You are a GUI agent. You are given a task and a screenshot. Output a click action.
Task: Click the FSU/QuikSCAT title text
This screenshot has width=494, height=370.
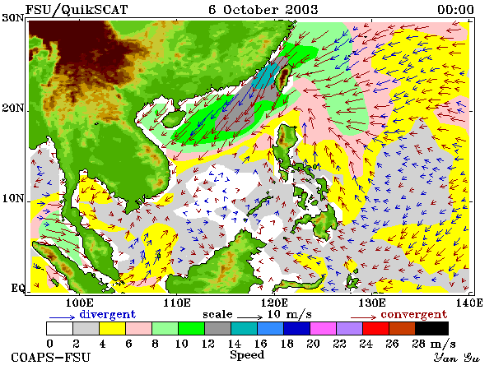coord(77,10)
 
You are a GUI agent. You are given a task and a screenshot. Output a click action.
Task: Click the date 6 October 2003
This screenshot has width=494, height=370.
coord(263,10)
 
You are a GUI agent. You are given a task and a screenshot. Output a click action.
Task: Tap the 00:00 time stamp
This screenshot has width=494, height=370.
coord(455,10)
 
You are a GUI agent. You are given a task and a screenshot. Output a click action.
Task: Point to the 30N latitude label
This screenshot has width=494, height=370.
coord(13,18)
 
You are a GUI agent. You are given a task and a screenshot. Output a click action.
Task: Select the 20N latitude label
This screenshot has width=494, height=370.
coord(13,109)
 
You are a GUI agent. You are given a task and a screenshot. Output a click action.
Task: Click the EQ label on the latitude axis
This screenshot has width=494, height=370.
coord(17,288)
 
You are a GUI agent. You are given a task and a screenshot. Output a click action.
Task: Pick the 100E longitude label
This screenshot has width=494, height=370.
coord(80,303)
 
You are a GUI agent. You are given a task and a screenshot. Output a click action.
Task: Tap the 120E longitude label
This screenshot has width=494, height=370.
coord(274,303)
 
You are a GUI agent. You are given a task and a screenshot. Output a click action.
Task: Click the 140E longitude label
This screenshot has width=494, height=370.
coord(469,303)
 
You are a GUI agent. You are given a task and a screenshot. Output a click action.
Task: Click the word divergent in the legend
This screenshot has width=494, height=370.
coord(107,314)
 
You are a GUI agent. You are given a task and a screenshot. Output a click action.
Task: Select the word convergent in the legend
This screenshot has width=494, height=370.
coord(414,314)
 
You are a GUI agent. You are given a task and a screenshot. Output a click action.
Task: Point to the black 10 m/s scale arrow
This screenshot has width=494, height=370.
coord(249,317)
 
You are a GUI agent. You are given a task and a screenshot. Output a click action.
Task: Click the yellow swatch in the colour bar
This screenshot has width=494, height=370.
coord(113,328)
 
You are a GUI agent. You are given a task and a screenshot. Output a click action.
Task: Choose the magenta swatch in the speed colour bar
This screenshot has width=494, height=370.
coord(324,328)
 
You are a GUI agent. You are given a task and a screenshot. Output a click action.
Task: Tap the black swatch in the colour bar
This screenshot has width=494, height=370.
coord(431,328)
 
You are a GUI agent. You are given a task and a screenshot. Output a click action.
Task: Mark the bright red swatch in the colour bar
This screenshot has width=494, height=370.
coord(376,328)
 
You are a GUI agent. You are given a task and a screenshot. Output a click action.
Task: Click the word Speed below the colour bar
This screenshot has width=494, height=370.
coord(247,355)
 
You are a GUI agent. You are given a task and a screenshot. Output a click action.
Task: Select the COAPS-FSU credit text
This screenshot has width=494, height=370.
coord(51,358)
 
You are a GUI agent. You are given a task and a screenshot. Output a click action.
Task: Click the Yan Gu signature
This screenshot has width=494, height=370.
coord(456,358)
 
